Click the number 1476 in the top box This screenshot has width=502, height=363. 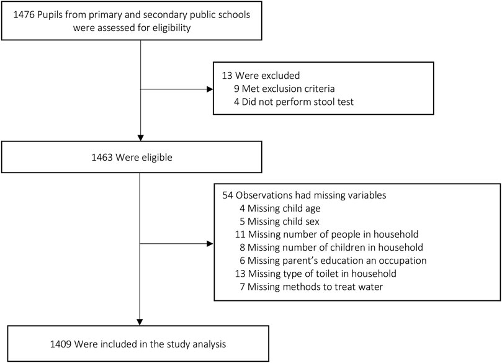click(24, 15)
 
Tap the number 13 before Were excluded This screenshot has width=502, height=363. click(227, 76)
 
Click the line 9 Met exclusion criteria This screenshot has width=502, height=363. click(284, 89)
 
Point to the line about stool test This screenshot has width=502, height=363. click(294, 102)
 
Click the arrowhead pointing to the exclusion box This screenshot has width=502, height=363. click(210, 89)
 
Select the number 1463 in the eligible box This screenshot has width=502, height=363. click(102, 158)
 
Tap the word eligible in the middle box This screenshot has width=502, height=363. click(156, 158)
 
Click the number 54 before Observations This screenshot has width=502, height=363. click(228, 195)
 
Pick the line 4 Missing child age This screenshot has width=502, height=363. click(280, 208)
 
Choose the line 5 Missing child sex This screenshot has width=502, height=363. click(279, 222)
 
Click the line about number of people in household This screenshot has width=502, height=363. click(326, 235)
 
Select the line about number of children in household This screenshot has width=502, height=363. click(331, 248)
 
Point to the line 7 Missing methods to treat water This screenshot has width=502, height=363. click(311, 287)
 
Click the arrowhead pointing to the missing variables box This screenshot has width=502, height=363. click(210, 244)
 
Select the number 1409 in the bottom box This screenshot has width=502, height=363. click(61, 344)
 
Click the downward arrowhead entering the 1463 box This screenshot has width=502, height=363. click(140, 138)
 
